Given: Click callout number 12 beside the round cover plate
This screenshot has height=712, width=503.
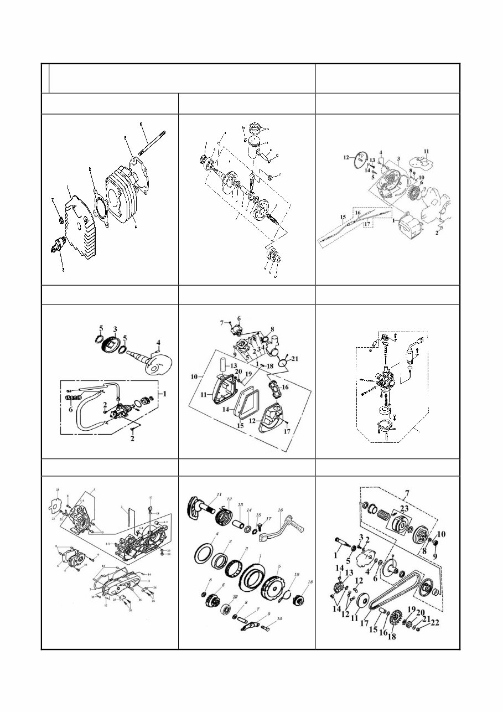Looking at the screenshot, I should click(x=346, y=157).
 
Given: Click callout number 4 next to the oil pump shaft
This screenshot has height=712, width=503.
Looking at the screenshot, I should click(x=158, y=342).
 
